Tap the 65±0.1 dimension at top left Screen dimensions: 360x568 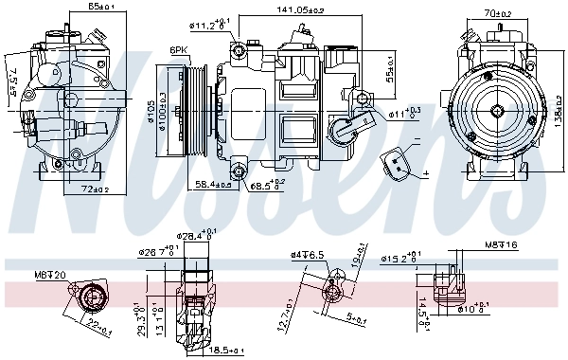point(89,7)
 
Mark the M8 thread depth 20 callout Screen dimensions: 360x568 point(49,276)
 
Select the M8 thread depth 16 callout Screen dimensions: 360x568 point(501,246)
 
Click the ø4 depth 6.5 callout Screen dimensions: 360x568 point(308,254)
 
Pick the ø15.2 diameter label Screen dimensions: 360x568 point(401,257)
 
